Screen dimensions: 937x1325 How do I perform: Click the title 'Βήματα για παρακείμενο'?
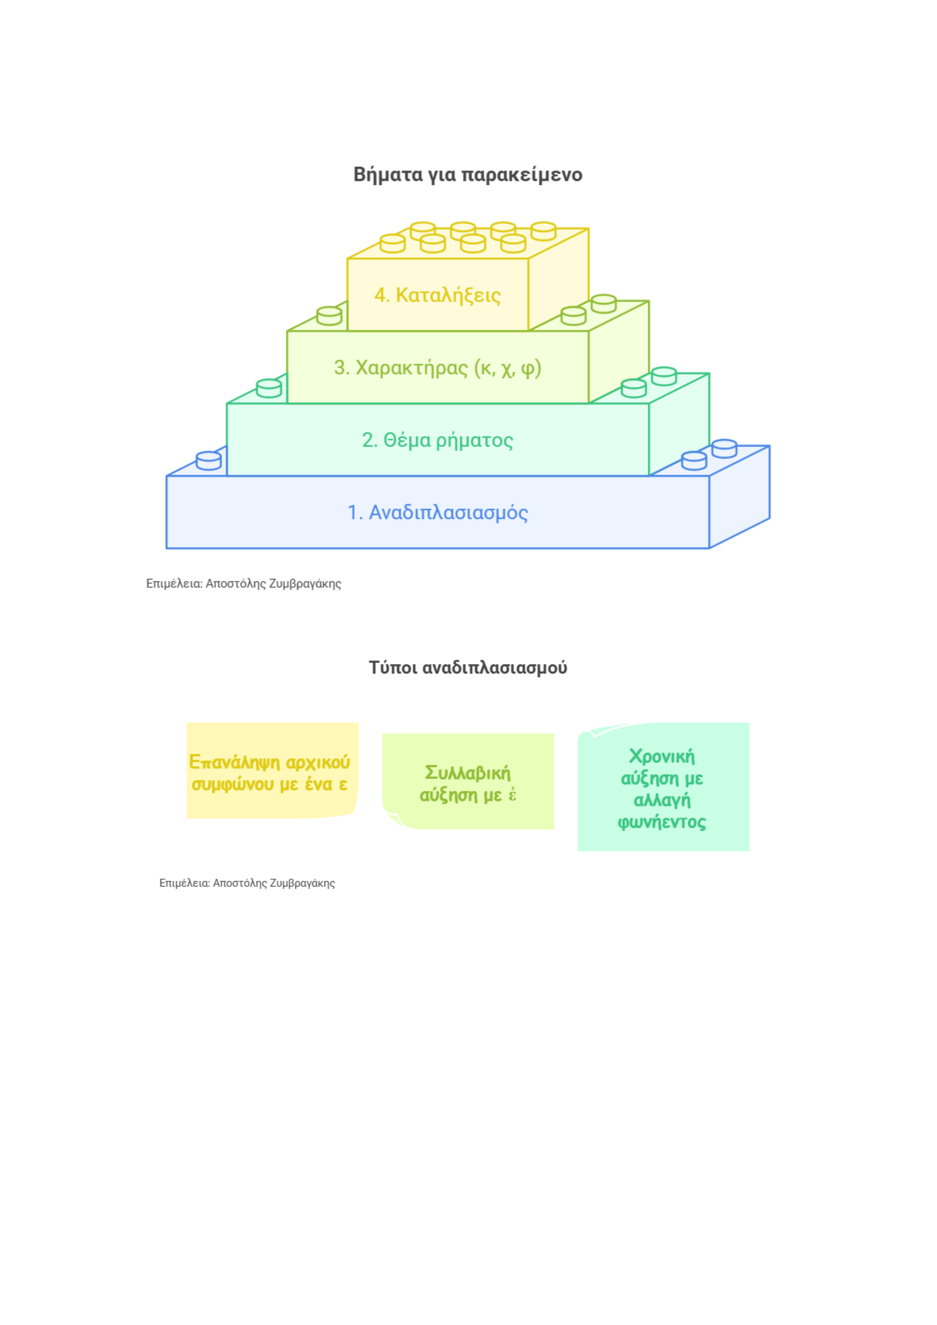coord(468,174)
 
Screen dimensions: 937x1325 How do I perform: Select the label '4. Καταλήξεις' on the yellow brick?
coord(437,295)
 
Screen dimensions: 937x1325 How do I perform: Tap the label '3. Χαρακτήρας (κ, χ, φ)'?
coord(437,368)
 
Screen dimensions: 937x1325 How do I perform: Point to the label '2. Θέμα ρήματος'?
coord(437,440)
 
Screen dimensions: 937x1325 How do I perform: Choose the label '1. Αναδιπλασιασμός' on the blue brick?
coord(437,513)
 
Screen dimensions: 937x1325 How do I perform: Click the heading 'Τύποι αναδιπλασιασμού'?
coord(468,668)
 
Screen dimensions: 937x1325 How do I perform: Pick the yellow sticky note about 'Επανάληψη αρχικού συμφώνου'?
coord(272,771)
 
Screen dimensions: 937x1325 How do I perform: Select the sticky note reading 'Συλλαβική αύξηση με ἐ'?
coord(468,781)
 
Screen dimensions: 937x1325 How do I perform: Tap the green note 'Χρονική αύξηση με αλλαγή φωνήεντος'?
coord(664,786)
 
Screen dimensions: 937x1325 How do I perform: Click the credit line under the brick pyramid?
coord(244,584)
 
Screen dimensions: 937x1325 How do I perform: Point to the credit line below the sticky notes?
coord(247,883)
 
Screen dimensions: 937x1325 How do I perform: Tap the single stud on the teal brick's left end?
coord(269,388)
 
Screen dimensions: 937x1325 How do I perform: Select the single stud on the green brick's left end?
coord(329,316)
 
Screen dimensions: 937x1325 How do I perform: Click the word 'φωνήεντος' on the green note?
coord(662,822)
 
